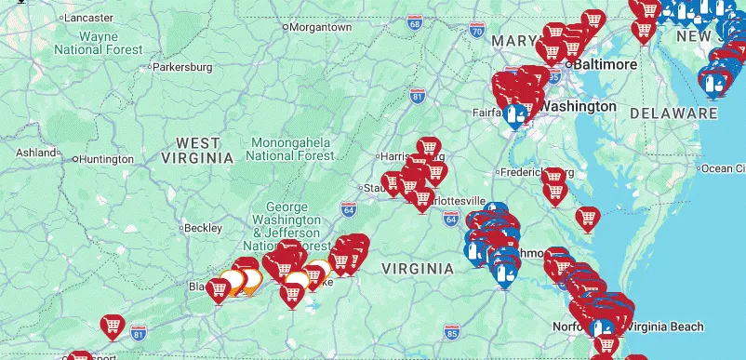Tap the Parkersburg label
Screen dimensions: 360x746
182,67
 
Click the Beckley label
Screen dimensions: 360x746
203,228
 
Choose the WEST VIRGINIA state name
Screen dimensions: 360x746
198,151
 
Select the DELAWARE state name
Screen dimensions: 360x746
673,113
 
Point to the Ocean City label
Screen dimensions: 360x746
723,168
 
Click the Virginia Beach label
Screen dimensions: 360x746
668,326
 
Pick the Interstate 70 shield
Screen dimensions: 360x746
476,32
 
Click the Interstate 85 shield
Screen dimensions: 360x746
452,332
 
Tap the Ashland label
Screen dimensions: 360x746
35,152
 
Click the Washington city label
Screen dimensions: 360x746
578,106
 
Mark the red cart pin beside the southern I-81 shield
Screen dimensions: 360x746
113,326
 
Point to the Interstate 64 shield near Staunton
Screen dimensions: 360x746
348,209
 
